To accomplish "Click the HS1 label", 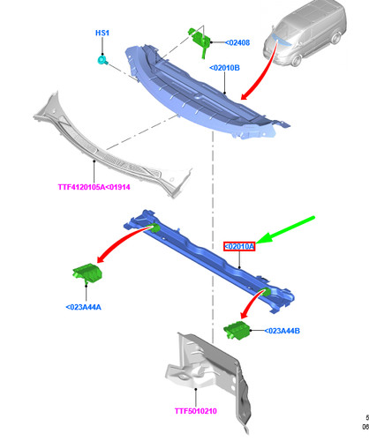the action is (x=102, y=33).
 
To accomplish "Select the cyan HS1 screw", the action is (x=102, y=60).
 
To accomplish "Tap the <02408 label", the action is (x=237, y=42).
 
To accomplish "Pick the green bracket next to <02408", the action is (x=200, y=40).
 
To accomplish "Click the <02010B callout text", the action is (x=224, y=68).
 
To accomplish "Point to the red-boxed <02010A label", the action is (x=239, y=246).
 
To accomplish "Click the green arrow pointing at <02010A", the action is (x=285, y=230).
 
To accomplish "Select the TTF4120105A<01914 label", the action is (x=94, y=187).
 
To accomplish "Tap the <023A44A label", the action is (x=84, y=307).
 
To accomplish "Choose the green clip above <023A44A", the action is (x=87, y=273).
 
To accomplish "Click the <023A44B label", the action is (x=282, y=331).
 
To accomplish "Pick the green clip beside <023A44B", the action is (x=237, y=331).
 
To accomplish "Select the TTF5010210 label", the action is (x=196, y=411).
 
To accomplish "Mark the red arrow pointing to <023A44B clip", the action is (x=250, y=302).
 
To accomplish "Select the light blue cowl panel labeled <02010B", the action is (x=206, y=94).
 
